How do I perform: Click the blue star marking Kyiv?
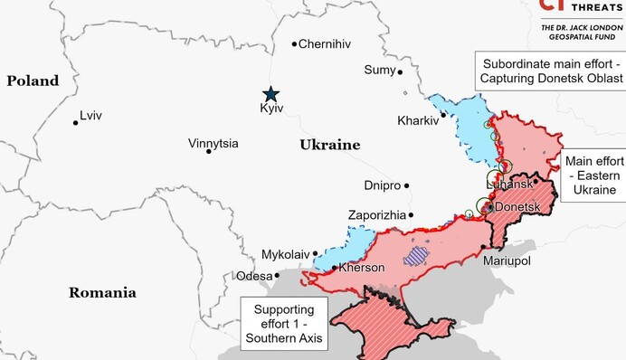point(270,93)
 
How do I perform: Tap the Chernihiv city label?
point(324,43)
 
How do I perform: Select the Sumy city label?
point(380,70)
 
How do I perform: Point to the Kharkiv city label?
point(418,120)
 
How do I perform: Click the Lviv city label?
point(90,116)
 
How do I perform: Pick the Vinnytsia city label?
point(213,143)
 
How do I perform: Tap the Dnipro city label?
point(382,185)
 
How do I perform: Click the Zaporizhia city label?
point(377,215)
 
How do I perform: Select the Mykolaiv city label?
point(285,254)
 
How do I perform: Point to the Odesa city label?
point(253,276)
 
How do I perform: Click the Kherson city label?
point(362,268)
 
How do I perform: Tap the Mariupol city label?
point(507,261)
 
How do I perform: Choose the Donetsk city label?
point(517,207)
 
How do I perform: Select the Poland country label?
point(33,81)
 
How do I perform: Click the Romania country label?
point(102,292)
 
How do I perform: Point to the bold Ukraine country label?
point(329,145)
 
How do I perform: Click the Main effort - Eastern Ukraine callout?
point(593,175)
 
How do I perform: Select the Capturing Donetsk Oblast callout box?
point(552,71)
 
